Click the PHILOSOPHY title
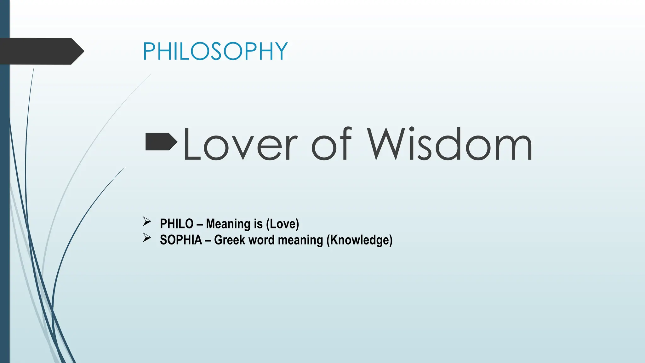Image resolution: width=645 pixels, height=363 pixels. point(215,51)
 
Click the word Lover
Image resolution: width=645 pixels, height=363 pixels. point(240,145)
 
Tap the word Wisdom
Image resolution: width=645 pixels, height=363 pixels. point(449,145)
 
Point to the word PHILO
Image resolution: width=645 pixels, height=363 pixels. point(176,224)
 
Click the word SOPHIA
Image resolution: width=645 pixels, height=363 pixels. point(181,240)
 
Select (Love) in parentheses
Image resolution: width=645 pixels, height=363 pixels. point(283,224)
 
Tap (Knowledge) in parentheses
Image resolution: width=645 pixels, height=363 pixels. point(359,240)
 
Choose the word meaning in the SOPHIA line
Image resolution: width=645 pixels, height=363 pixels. point(300,240)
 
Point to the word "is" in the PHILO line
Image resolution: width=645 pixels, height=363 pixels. point(258,224)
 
